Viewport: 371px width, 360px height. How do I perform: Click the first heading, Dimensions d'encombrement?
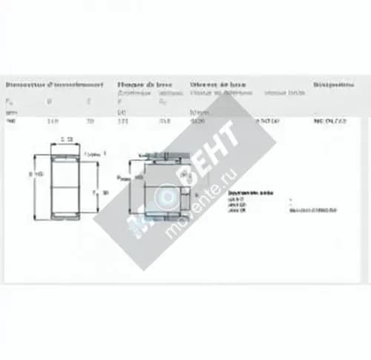tap(52, 84)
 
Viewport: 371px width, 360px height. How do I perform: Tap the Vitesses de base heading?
tap(218, 84)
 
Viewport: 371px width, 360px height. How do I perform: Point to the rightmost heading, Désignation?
tap(333, 84)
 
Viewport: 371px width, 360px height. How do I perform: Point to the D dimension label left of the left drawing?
tap(33, 176)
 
